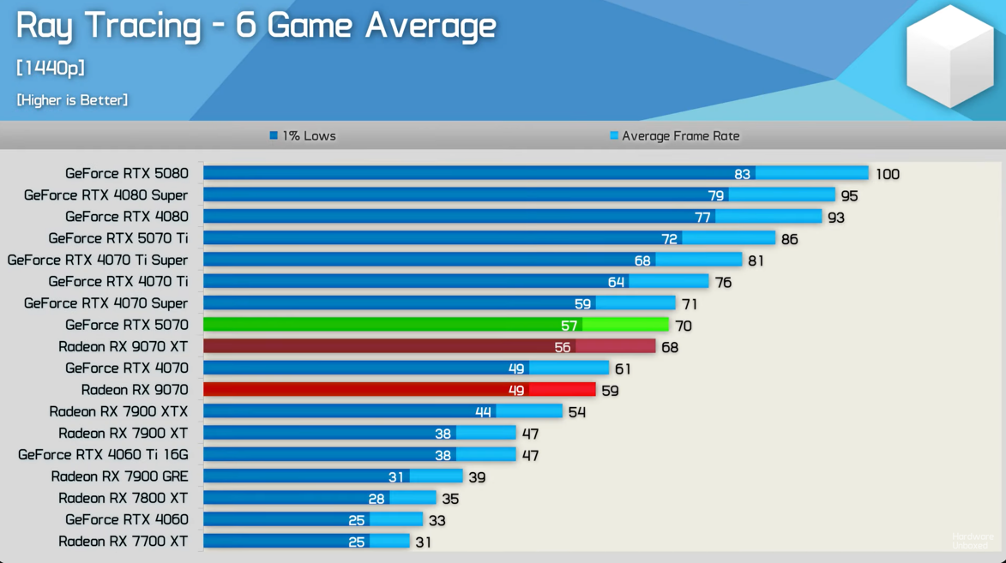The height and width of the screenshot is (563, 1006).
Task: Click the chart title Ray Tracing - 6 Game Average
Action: point(256,26)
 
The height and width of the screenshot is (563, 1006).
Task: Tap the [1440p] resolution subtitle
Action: point(51,68)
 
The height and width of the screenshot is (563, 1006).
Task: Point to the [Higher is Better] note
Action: point(72,100)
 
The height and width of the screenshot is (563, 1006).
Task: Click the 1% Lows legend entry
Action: point(303,135)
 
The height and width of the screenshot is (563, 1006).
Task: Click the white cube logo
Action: point(949,57)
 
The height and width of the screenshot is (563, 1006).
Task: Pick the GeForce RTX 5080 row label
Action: point(126,173)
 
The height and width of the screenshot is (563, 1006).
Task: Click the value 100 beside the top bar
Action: point(887,174)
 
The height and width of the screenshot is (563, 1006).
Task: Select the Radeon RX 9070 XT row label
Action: point(123,346)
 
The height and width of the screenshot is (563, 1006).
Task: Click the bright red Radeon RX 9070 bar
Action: point(399,390)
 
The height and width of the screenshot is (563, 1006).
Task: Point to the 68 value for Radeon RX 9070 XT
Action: point(670,347)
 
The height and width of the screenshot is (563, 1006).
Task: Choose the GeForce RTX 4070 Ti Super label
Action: point(97,260)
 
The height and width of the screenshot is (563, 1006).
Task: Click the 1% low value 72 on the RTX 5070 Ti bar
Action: point(669,238)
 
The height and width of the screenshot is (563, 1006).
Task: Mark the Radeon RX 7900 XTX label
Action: point(118,411)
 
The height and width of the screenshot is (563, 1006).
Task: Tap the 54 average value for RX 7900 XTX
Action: point(577,412)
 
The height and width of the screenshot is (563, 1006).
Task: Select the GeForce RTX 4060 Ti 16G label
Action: point(103,454)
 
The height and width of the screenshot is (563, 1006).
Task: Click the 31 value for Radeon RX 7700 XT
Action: point(423,542)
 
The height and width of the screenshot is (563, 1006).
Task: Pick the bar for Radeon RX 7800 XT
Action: point(319,498)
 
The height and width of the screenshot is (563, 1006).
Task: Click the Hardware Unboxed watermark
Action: point(972,541)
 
